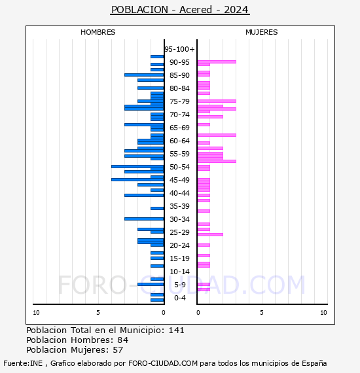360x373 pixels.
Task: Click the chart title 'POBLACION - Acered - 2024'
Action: click(x=180, y=10)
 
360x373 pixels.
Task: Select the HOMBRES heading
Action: click(x=98, y=32)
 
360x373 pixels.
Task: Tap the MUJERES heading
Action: click(x=262, y=32)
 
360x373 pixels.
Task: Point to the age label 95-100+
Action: click(x=179, y=49)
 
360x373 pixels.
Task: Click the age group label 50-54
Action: click(x=179, y=167)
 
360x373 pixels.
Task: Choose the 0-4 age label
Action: click(x=180, y=298)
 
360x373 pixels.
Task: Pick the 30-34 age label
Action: click(x=179, y=219)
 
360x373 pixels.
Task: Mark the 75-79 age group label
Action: click(x=179, y=101)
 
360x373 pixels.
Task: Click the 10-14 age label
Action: click(x=179, y=272)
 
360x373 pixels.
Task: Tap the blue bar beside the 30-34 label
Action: click(x=144, y=219)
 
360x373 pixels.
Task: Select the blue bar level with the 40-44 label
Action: click(x=144, y=195)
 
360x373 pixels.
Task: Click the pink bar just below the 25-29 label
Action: click(x=210, y=234)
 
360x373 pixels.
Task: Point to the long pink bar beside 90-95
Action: click(x=217, y=62)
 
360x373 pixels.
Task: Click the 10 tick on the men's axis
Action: click(x=36, y=313)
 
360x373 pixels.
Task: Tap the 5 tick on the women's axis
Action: click(x=262, y=313)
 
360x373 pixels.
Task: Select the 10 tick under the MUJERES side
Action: click(x=323, y=313)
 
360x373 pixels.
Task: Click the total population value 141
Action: click(x=176, y=330)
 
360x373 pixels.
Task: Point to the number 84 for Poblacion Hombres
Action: click(x=123, y=340)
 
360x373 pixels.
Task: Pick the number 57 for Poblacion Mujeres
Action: click(x=118, y=350)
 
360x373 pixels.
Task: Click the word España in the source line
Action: click(x=314, y=363)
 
